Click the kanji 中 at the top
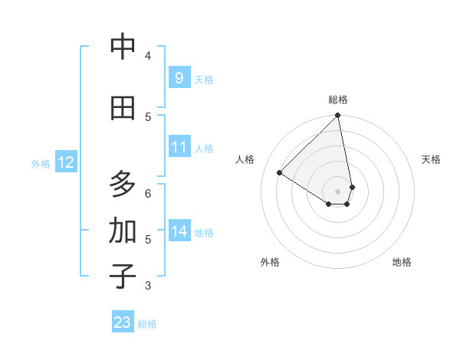click(x=123, y=47)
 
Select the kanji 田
click(x=123, y=108)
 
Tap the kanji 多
click(x=123, y=185)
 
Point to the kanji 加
click(x=123, y=231)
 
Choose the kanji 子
click(x=123, y=277)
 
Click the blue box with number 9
click(x=179, y=78)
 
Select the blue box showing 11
click(x=179, y=147)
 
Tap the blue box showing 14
click(x=179, y=231)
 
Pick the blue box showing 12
click(x=65, y=162)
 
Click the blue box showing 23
click(x=122, y=322)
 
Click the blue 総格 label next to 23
click(x=147, y=324)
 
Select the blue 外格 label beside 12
click(x=41, y=163)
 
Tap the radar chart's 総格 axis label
click(x=338, y=100)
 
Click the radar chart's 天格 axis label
click(x=431, y=159)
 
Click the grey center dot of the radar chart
click(x=338, y=191)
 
